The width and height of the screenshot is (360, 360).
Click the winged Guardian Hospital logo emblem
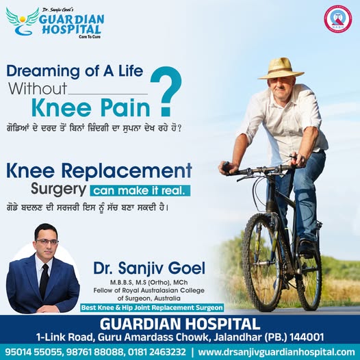(x=23, y=21)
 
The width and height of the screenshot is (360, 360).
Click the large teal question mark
(x=166, y=91)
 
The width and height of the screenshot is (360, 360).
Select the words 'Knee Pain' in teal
(x=91, y=108)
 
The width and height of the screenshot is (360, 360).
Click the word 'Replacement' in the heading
(x=127, y=171)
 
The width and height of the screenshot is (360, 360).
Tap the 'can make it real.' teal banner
(x=140, y=191)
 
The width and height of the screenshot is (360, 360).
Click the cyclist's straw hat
(x=281, y=68)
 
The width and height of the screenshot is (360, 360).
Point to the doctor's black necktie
(x=44, y=281)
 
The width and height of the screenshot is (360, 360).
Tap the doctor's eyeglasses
(x=47, y=242)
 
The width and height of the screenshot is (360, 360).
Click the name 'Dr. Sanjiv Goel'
(x=149, y=268)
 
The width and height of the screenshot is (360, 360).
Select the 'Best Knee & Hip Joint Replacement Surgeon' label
(x=152, y=308)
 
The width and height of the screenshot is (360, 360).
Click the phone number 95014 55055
(x=33, y=352)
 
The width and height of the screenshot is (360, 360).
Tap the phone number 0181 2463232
(x=157, y=352)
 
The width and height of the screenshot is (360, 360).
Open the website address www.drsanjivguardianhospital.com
(x=277, y=352)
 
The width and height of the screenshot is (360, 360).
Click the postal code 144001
(x=307, y=337)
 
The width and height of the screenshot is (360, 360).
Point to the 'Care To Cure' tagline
(x=90, y=37)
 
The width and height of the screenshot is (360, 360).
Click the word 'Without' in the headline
(x=38, y=88)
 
